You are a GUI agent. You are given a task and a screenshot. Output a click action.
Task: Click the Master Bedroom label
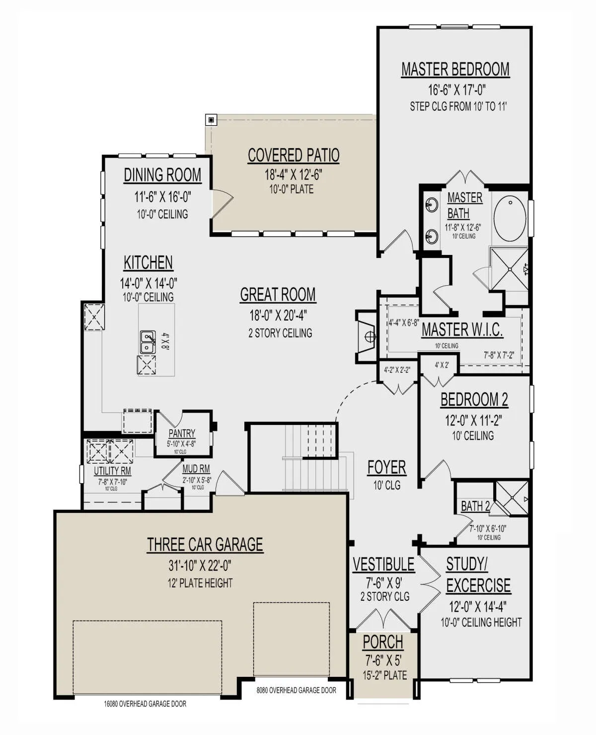pos(455,70)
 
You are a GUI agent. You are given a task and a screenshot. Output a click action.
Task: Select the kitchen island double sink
pos(148,341)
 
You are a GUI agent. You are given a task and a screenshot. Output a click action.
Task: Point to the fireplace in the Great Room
pos(367,337)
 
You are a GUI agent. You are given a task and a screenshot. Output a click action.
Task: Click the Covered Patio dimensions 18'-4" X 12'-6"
pos(293,174)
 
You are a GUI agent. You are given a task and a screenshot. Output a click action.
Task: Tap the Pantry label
pos(182,433)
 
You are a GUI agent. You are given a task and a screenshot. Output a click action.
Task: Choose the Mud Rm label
pos(196,469)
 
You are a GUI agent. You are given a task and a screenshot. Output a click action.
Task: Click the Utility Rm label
pos(112,471)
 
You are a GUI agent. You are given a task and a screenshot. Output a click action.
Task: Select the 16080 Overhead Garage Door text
pos(145,704)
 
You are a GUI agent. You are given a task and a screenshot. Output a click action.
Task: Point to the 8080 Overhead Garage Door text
pos(297,690)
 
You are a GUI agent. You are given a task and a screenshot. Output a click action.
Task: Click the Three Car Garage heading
pos(205,545)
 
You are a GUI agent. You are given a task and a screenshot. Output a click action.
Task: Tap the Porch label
pos(383,642)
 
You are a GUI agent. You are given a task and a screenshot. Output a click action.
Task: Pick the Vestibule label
pos(383,565)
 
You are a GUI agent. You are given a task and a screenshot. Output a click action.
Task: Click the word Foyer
pos(386,468)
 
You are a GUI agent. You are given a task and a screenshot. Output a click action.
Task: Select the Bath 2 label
pos(475,506)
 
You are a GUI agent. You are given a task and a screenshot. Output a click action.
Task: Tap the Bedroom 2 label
pos(474,400)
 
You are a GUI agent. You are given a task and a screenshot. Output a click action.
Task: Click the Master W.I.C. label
pos(462,329)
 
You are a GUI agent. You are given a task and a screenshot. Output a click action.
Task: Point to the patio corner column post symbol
pos(211,120)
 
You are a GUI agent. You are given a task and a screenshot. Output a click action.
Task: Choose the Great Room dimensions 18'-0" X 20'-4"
pos(278,315)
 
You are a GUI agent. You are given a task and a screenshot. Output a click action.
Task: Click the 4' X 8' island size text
pos(165,342)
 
